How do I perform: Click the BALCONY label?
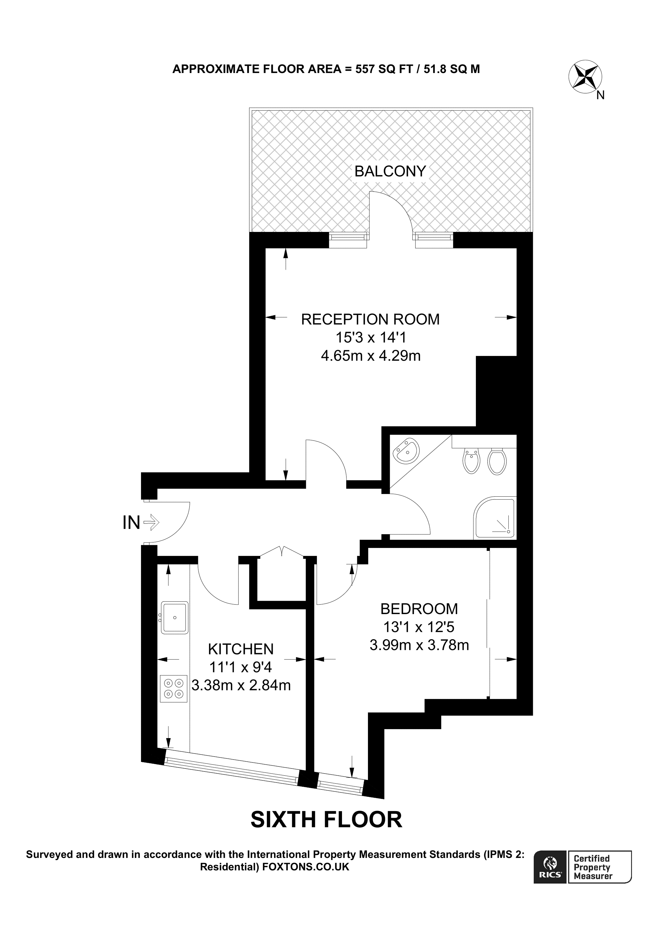tap(390, 171)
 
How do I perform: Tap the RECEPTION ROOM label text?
tap(370, 319)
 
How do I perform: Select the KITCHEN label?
tap(241, 649)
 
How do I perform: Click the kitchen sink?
tap(175, 618)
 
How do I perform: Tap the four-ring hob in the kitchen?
tap(174, 689)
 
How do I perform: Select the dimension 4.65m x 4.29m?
tap(370, 356)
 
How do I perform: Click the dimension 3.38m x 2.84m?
tap(241, 685)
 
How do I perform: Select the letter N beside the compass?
tap(601, 95)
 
